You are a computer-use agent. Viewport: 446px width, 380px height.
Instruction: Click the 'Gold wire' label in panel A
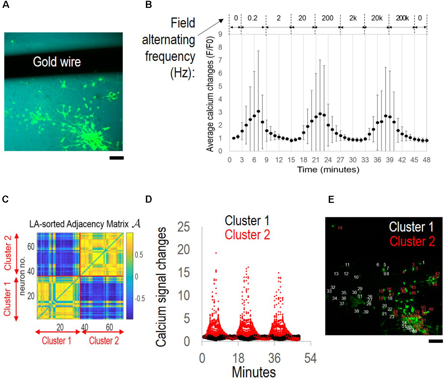pos(57,62)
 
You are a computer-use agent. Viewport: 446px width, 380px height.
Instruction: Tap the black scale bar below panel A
pos(116,158)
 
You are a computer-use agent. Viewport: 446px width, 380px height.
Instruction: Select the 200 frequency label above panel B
pos(327,18)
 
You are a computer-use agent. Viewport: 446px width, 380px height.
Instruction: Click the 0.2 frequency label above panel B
pos(252,18)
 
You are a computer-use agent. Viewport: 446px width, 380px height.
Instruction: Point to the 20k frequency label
pos(377,18)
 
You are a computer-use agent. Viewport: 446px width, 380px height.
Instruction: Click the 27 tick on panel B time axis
pos(340,160)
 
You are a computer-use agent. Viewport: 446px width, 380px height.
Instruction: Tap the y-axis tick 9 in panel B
pos(220,34)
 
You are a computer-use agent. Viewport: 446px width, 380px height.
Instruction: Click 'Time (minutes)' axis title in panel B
pos(328,170)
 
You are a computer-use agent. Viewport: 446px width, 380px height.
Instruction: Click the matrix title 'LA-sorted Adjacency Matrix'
pos(79,224)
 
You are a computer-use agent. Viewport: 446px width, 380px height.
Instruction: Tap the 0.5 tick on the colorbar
pos(139,255)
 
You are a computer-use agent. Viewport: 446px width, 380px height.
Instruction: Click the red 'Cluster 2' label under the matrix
pos(104,341)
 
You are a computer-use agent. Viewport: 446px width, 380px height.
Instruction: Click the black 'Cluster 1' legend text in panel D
pos(247,220)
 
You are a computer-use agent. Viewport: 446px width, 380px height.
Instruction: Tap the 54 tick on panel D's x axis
pos(310,358)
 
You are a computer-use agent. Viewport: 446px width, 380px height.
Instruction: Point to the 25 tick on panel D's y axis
pos(183,227)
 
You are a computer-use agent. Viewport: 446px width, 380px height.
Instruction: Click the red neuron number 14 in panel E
pos(340,228)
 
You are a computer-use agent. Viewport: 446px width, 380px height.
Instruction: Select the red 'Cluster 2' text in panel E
pos(412,241)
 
